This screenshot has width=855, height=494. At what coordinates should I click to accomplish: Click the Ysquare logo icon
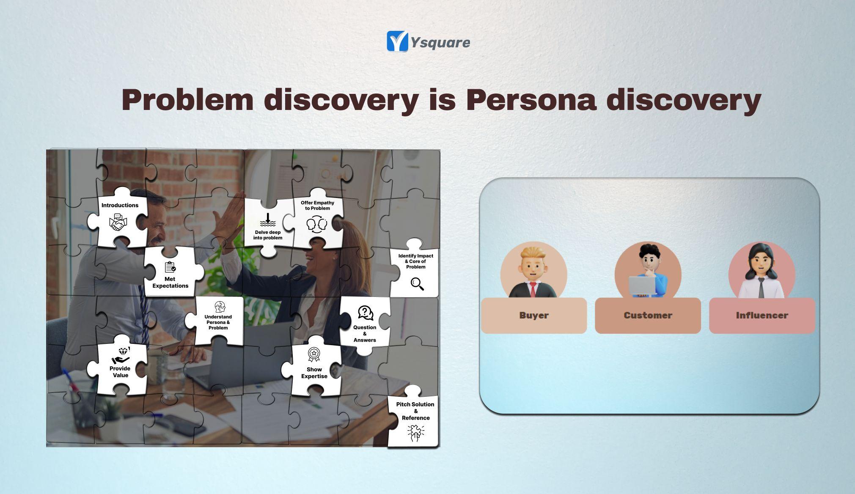coord(397,41)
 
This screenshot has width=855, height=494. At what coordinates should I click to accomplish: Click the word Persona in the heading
coord(531,100)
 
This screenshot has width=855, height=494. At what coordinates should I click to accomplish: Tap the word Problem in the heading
coord(187,100)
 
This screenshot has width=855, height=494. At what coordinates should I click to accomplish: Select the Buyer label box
coord(534,316)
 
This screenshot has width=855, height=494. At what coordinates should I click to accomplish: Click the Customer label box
coord(648,316)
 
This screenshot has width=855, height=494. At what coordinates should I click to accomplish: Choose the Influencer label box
coord(762,316)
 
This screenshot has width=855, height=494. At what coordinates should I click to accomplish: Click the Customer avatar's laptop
coord(642,285)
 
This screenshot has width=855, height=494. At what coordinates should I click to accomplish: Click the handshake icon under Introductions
coord(118,222)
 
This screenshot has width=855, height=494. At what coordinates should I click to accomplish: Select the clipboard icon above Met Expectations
coord(170,267)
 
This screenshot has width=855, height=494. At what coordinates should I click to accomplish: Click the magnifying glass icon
coord(417,284)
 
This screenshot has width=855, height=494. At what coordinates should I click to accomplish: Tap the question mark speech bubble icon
coord(365,313)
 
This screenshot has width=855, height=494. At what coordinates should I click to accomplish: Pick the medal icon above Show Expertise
coord(313,354)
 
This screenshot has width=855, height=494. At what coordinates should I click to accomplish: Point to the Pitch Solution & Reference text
coord(415,411)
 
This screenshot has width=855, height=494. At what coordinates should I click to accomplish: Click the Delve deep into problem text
coord(268,235)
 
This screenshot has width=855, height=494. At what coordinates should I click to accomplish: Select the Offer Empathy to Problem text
coord(317,206)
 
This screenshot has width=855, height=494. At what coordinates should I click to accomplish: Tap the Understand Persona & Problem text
coord(218,322)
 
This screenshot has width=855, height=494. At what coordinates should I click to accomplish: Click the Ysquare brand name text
coord(440,43)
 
